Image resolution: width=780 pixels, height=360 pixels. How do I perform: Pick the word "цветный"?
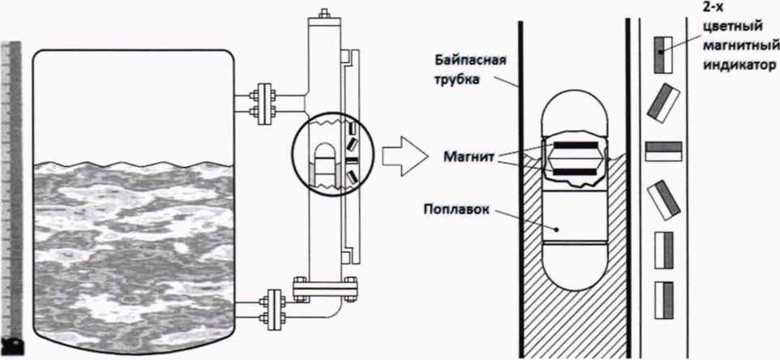click(x=731, y=24)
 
